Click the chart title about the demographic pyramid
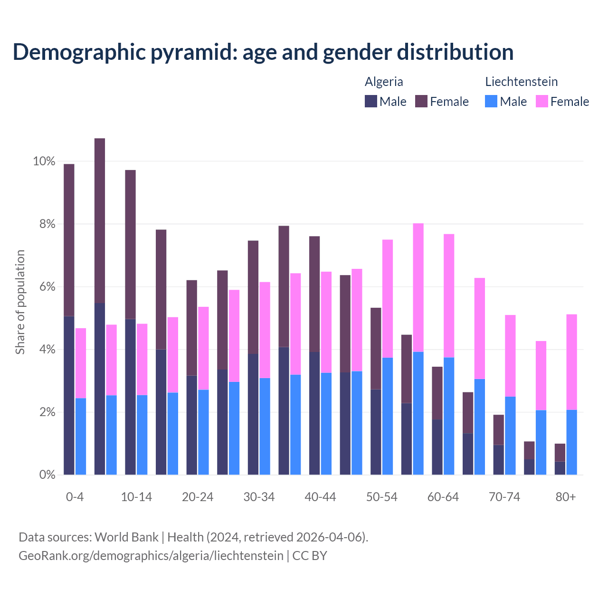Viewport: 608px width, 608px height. click(x=263, y=52)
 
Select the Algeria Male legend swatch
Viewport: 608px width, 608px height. click(x=371, y=101)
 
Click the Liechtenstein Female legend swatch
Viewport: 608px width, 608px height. click(x=541, y=101)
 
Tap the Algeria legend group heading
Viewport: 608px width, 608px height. click(x=384, y=82)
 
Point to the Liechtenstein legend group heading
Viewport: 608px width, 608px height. click(x=521, y=82)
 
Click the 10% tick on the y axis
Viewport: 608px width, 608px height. click(x=44, y=161)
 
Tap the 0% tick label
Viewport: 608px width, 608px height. click(x=47, y=475)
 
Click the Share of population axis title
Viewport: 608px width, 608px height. click(x=20, y=302)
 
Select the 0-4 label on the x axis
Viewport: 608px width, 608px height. click(x=75, y=497)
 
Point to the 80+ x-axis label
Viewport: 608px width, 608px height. click(x=566, y=497)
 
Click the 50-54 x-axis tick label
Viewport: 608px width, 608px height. click(x=382, y=497)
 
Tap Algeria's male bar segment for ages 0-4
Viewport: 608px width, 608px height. click(x=69, y=395)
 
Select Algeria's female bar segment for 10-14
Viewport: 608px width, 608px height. click(x=130, y=244)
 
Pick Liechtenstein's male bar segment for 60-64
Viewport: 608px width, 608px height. click(x=449, y=416)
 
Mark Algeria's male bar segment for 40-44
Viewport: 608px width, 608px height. click(x=314, y=413)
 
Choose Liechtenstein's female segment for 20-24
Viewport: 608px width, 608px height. click(x=203, y=348)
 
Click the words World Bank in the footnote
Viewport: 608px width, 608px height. click(x=126, y=537)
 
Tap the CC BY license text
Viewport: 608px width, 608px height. click(x=310, y=556)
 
